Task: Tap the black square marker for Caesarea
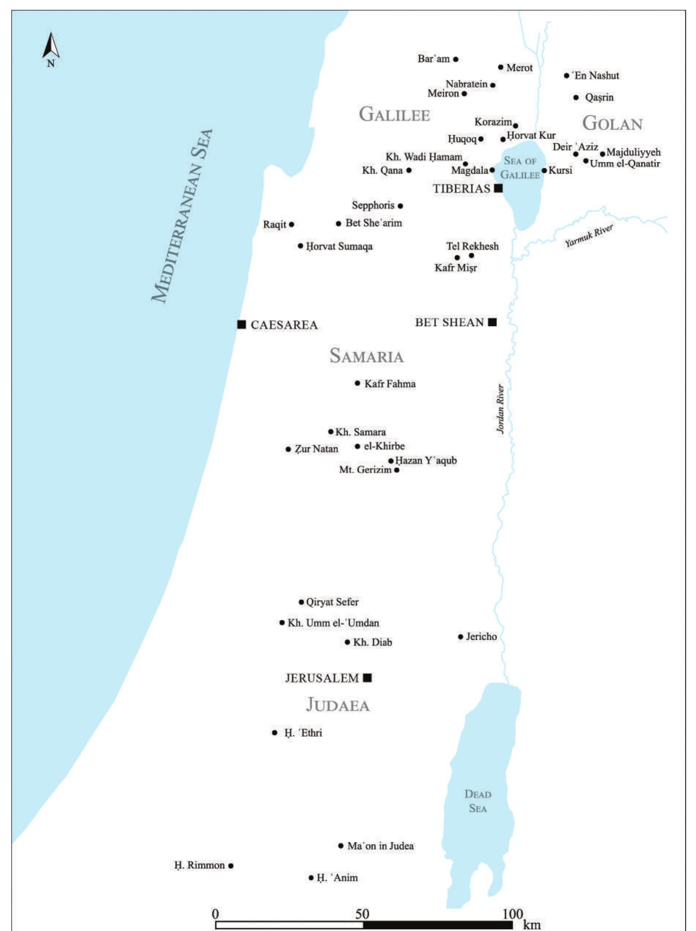242,324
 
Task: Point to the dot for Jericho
460,637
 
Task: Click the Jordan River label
500,409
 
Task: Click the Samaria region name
367,356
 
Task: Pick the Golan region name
612,124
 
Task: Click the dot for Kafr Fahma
358,383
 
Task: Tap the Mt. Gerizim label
365,470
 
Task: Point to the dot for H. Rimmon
231,866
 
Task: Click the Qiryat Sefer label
332,602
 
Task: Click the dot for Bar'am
456,59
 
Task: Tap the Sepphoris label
373,206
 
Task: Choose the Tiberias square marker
498,188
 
